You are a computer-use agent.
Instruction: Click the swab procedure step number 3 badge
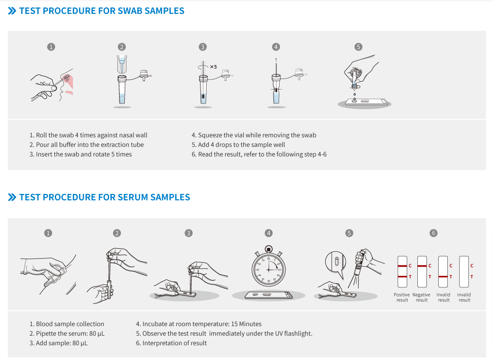click(203, 47)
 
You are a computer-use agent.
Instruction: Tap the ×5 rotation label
click(213, 67)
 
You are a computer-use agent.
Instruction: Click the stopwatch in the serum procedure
click(268, 266)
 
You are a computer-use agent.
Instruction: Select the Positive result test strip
click(403, 271)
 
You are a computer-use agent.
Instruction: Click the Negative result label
click(421, 297)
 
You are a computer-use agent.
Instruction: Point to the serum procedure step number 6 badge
click(433, 233)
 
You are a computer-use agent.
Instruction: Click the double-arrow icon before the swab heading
click(12, 11)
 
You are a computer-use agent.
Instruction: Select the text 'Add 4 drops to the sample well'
click(241, 145)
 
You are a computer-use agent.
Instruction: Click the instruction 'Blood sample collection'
click(70, 324)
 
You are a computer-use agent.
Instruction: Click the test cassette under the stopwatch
click(269, 295)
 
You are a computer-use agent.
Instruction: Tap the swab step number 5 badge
click(358, 47)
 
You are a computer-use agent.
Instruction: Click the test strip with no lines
click(464, 271)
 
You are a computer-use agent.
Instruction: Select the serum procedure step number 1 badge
click(48, 233)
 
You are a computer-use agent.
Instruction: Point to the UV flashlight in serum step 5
click(360, 263)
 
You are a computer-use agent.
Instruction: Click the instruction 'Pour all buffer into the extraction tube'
click(90, 145)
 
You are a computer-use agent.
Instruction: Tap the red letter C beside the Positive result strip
click(410, 266)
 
